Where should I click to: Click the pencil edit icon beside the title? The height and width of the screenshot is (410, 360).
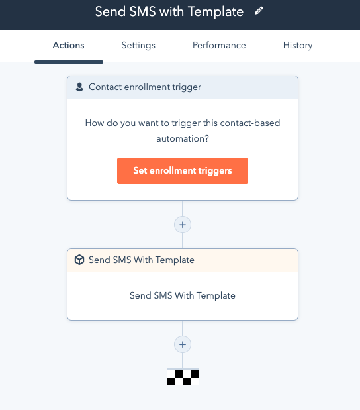pyautogui.click(x=259, y=11)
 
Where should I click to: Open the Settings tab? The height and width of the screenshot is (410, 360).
pyautogui.click(x=138, y=46)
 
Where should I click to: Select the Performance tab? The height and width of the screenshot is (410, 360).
pyautogui.click(x=219, y=45)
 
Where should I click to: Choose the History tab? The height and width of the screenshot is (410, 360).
pyautogui.click(x=298, y=46)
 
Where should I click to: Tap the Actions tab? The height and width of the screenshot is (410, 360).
pyautogui.click(x=68, y=45)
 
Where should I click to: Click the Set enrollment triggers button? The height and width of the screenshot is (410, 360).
pyautogui.click(x=183, y=171)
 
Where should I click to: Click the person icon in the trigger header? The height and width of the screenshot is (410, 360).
pyautogui.click(x=79, y=87)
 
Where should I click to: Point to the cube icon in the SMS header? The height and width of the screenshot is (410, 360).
pyautogui.click(x=79, y=260)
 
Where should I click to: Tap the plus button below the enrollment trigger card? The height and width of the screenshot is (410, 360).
pyautogui.click(x=183, y=225)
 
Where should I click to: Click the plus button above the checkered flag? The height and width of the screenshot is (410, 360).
pyautogui.click(x=183, y=344)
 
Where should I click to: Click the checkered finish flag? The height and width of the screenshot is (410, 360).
pyautogui.click(x=183, y=377)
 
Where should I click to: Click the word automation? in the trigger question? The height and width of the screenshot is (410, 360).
pyautogui.click(x=183, y=138)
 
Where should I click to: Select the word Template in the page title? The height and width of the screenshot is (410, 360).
pyautogui.click(x=216, y=12)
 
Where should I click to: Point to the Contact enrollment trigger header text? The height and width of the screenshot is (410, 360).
pyautogui.click(x=145, y=87)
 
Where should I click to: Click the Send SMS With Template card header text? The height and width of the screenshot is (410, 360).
pyautogui.click(x=142, y=260)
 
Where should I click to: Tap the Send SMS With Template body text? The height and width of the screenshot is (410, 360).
pyautogui.click(x=183, y=295)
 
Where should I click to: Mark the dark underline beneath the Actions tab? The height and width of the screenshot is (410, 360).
pyautogui.click(x=69, y=62)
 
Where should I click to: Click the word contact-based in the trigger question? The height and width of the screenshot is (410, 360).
pyautogui.click(x=250, y=123)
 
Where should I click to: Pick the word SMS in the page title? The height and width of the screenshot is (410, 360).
pyautogui.click(x=143, y=12)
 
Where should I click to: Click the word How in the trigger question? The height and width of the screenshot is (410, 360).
pyautogui.click(x=95, y=123)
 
